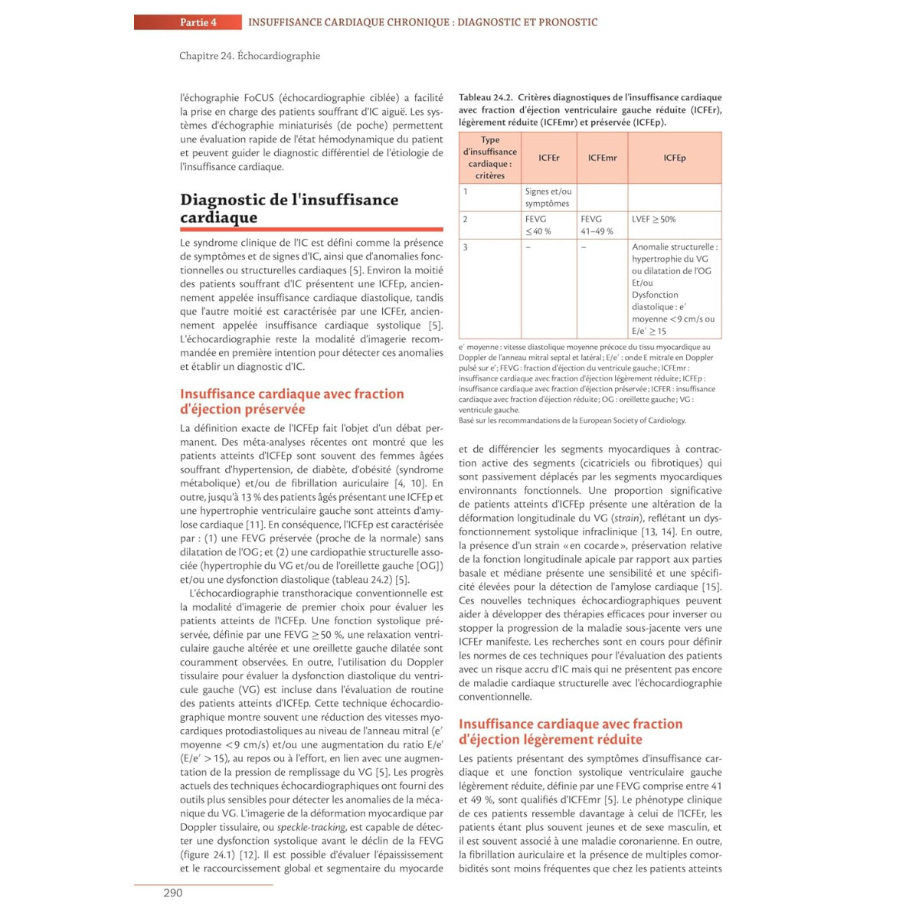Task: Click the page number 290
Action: (173, 892)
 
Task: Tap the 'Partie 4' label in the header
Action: (198, 22)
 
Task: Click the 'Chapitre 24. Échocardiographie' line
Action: (250, 56)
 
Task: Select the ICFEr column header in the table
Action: (548, 158)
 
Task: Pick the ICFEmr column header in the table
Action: (602, 158)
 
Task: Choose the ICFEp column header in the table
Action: (675, 158)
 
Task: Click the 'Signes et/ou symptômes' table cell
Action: (548, 198)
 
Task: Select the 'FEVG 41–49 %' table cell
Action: (597, 225)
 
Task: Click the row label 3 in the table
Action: (465, 247)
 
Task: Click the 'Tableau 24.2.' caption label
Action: (486, 97)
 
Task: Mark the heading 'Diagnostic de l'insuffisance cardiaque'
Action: (289, 208)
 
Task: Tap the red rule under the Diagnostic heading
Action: (311, 229)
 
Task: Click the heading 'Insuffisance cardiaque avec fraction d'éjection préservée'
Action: (292, 401)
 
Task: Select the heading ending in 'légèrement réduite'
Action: (570, 731)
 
